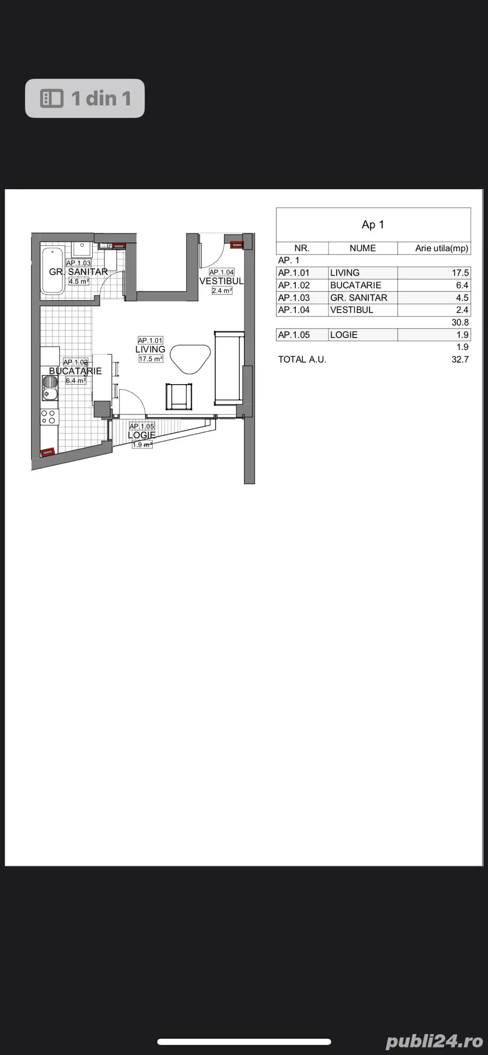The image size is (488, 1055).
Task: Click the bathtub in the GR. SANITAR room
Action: (52, 271)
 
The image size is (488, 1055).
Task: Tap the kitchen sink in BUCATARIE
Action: (50, 388)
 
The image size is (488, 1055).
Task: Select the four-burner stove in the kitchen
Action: (50, 417)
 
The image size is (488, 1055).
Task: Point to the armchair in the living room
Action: (179, 396)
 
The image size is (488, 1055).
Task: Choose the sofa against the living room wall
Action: (229, 368)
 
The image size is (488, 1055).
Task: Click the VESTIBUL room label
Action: (222, 281)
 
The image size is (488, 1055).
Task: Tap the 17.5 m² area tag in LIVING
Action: (151, 359)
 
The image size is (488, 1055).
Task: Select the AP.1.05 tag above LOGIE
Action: (142, 427)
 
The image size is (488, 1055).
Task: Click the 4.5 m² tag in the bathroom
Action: (79, 281)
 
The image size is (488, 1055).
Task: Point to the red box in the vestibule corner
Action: (236, 245)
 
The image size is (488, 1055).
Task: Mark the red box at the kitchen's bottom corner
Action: (47, 452)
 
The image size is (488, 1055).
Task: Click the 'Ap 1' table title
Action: (373, 225)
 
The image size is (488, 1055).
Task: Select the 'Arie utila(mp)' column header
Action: (442, 248)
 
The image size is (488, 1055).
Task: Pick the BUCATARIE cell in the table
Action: (356, 285)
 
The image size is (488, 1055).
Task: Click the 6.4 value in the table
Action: (462, 285)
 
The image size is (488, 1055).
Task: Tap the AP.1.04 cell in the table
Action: (294, 310)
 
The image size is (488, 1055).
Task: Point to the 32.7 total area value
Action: (460, 359)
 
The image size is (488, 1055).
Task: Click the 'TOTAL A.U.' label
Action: (302, 359)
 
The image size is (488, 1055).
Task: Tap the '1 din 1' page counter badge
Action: (85, 98)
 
